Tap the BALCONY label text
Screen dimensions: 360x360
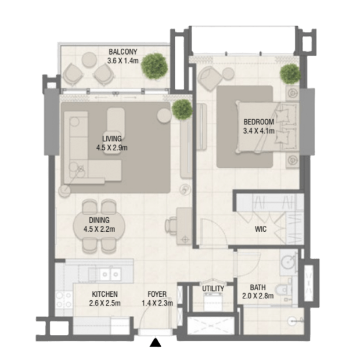click(123, 52)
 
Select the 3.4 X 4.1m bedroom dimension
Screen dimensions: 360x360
click(259, 131)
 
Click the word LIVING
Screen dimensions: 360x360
click(112, 138)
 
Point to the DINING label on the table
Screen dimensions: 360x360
click(99, 220)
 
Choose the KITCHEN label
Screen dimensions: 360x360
click(105, 294)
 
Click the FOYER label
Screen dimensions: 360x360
click(157, 294)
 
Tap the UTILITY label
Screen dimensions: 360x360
click(213, 289)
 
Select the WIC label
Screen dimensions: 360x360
click(261, 229)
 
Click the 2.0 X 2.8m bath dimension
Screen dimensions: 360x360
click(258, 296)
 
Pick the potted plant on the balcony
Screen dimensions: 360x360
click(154, 66)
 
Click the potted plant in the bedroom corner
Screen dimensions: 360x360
click(290, 74)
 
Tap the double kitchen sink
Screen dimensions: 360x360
click(110, 274)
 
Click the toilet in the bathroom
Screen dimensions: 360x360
click(283, 290)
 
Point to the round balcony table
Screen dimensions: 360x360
click(89, 59)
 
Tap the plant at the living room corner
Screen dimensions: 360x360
click(182, 110)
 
